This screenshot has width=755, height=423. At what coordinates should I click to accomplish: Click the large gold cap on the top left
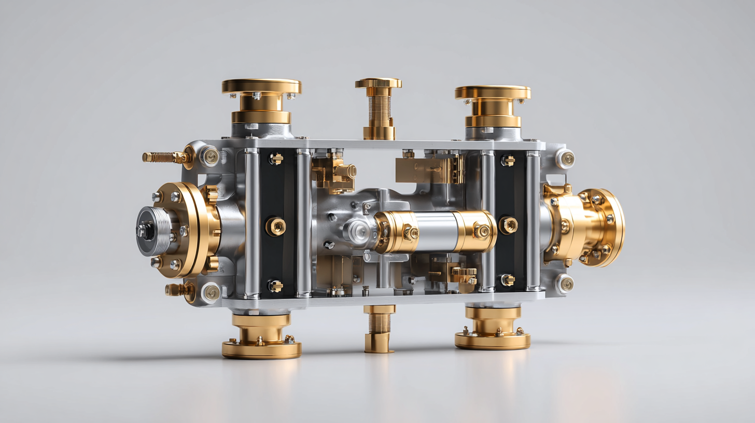point(261,87)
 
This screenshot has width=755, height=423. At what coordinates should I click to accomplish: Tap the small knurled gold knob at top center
point(378,83)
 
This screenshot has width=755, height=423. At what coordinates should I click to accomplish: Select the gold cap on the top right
point(493,93)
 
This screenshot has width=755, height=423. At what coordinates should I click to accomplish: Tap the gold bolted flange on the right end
point(602,227)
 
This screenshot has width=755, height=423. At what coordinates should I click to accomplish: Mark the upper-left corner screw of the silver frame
point(210,156)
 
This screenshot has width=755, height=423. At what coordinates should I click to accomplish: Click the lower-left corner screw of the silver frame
point(211,293)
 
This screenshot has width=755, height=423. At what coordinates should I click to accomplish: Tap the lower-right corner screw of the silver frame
point(565,284)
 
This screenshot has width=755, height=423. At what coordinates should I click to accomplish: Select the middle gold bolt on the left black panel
point(276,227)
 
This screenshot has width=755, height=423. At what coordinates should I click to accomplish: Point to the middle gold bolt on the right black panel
point(508,225)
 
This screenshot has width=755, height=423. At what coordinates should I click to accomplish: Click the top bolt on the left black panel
point(275,159)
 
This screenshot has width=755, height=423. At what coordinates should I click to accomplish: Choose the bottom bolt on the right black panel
point(507,280)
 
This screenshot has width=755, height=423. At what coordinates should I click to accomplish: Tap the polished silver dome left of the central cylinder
point(358,232)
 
